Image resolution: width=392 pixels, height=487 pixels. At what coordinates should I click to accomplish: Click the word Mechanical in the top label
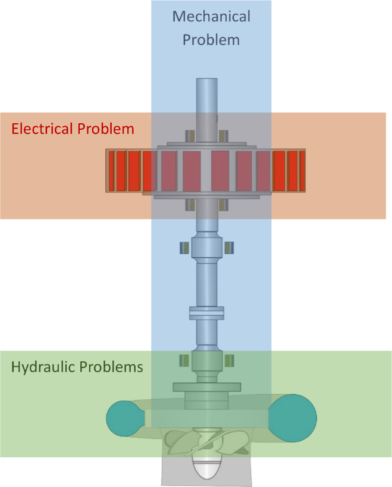211,16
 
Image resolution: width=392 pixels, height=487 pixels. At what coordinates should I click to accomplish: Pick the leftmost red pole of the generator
111,170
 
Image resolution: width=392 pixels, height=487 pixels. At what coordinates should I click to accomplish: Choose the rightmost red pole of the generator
302,170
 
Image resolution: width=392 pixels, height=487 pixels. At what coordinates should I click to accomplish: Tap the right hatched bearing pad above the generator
222,135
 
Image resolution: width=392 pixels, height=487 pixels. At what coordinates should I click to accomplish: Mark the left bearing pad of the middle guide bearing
183,246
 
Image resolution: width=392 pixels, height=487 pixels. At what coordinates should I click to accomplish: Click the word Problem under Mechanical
211,40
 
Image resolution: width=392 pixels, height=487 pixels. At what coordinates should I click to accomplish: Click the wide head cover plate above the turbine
206,387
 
